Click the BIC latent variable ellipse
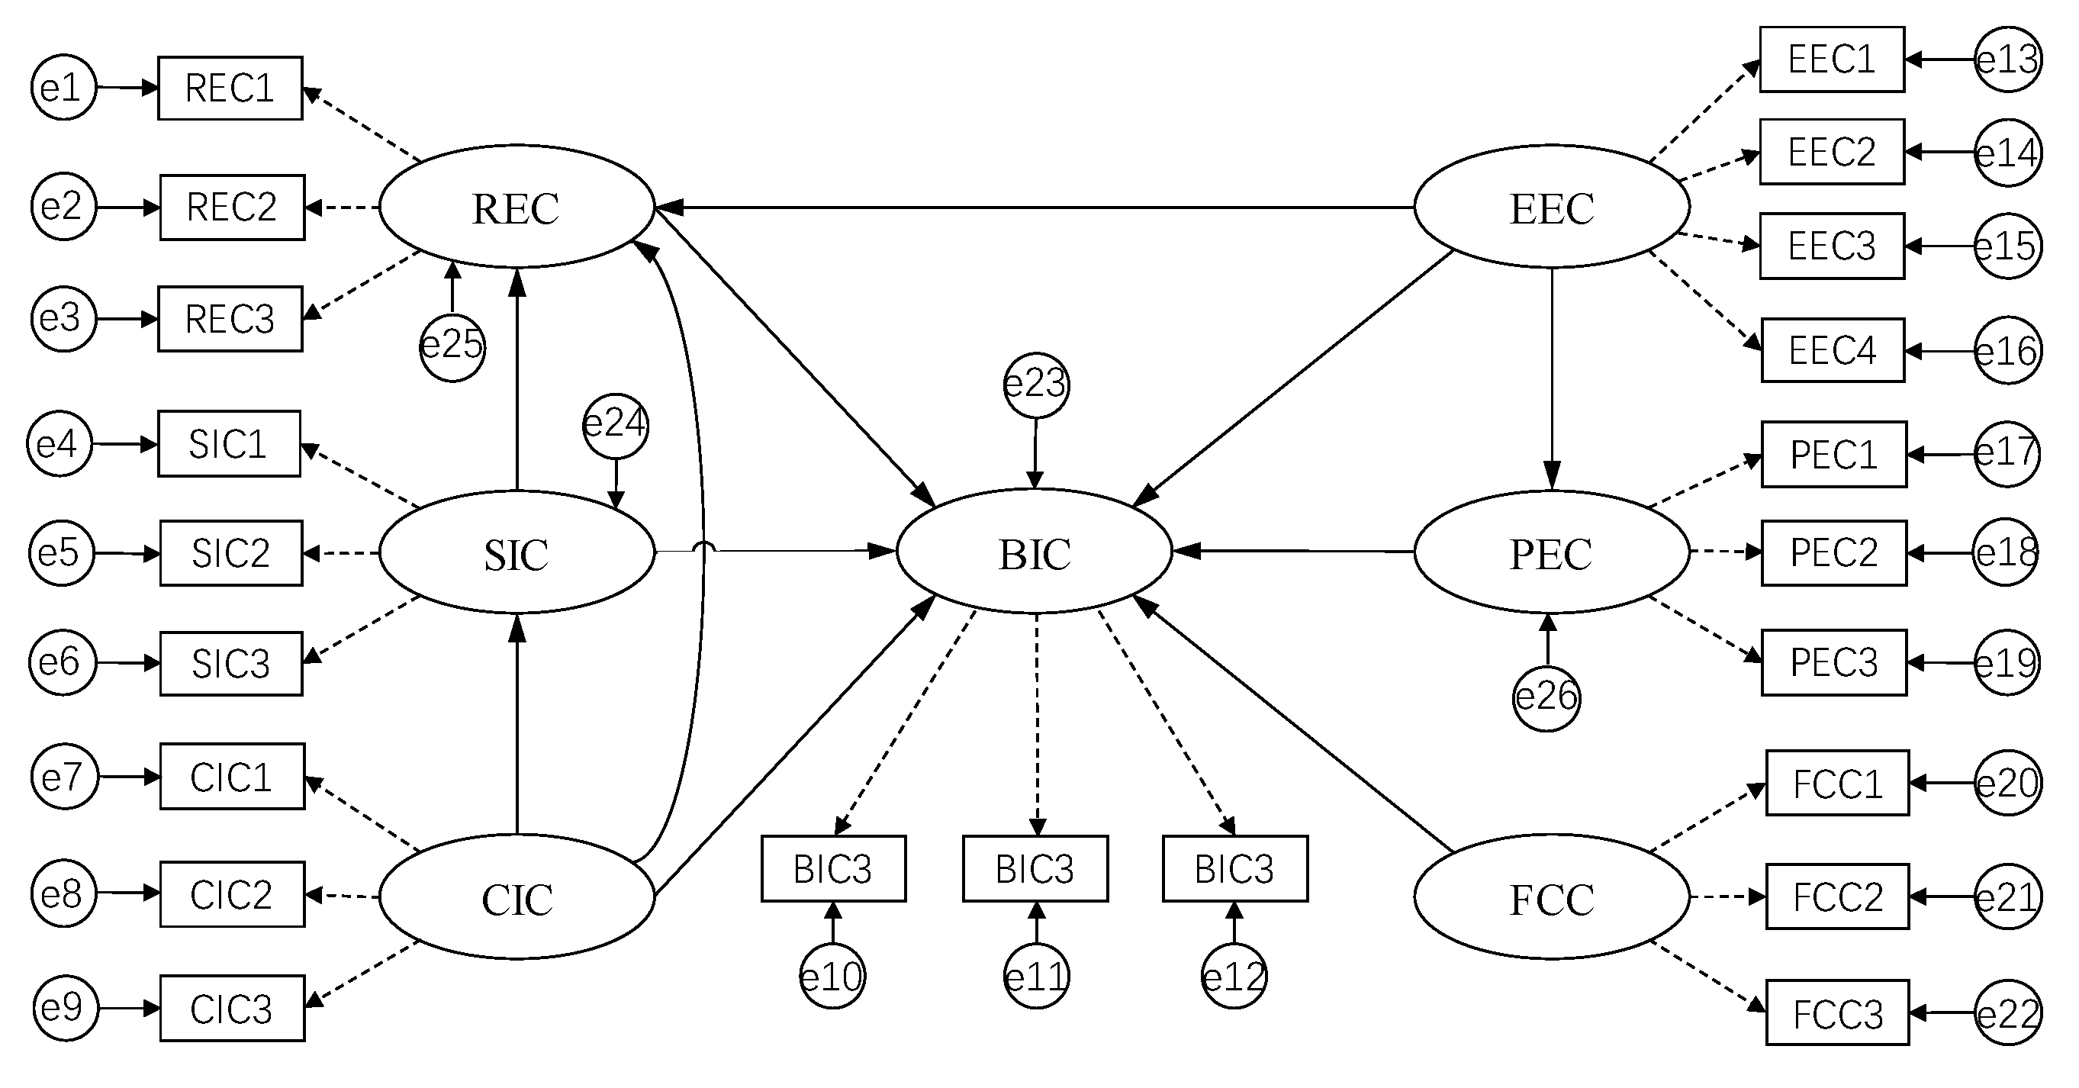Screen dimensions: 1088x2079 [1034, 552]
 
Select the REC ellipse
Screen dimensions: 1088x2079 [517, 207]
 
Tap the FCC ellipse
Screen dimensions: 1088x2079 [1550, 896]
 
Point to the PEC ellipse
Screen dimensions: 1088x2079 [1550, 552]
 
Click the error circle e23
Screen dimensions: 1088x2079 [1035, 385]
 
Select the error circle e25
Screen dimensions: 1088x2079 [452, 347]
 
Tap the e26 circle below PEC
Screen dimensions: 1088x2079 [1546, 697]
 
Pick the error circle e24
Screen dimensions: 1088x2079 [616, 424]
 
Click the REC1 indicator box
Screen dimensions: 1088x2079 [230, 88]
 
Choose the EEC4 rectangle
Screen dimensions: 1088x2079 [1832, 350]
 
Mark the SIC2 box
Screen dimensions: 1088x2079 [231, 553]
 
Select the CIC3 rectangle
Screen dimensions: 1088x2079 [232, 1009]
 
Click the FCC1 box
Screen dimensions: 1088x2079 [1837, 784]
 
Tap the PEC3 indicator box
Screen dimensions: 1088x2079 [1833, 663]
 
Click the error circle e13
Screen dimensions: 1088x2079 [2008, 59]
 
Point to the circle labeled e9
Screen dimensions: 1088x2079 [65, 1008]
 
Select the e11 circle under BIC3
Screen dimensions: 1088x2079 [1036, 977]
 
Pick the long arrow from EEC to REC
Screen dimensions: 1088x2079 [1033, 208]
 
